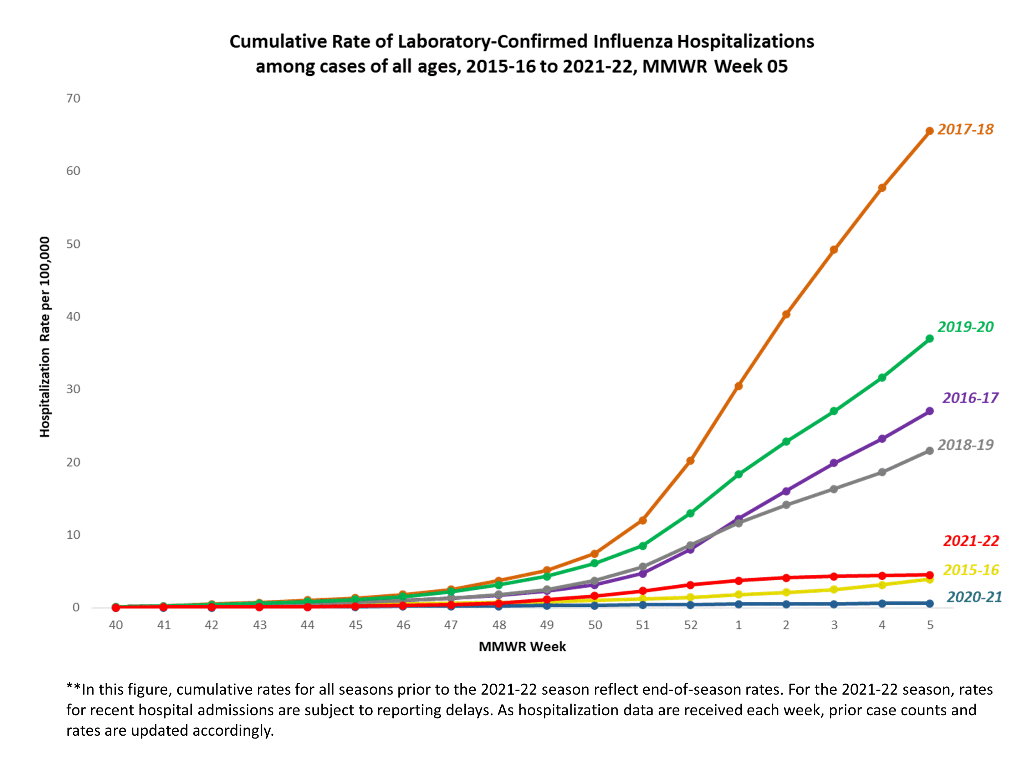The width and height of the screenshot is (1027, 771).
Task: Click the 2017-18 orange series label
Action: point(965,129)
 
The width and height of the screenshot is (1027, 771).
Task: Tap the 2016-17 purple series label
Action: point(970,398)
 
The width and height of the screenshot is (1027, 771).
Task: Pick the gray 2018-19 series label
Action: point(965,445)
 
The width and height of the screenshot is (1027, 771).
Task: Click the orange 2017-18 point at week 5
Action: point(930,131)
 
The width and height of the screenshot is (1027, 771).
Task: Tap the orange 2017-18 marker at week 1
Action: point(738,386)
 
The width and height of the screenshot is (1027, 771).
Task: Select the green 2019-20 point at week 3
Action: point(834,411)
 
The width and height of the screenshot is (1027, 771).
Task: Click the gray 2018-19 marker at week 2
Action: point(786,505)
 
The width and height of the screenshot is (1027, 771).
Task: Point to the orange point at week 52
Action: point(690,460)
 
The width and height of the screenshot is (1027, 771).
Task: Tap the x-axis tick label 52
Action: point(690,625)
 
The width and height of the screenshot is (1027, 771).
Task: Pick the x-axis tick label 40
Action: point(116,625)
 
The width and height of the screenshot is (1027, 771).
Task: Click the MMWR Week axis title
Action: point(522,646)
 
